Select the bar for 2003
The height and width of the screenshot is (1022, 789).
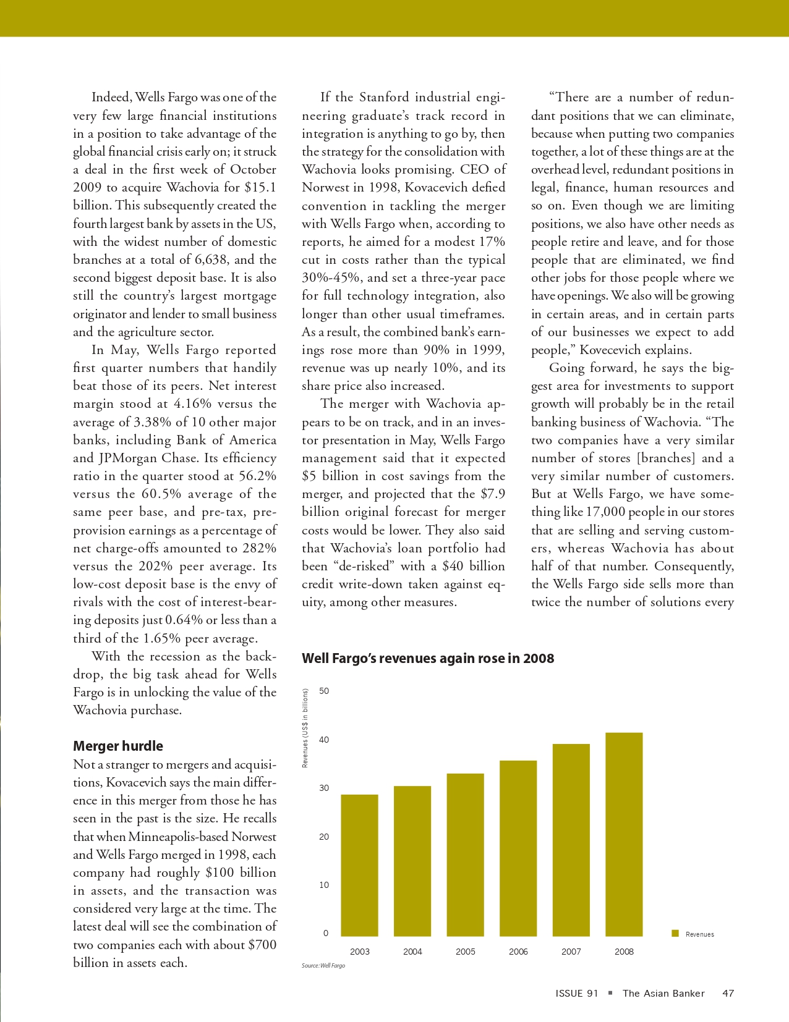pos(359,865)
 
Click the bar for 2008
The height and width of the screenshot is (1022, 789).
pos(624,834)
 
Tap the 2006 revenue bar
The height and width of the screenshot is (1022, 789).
pos(518,848)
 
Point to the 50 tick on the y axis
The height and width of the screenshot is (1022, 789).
pos(325,691)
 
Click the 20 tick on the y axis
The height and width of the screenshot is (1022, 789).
pos(325,837)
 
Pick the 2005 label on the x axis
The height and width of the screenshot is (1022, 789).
pos(466,952)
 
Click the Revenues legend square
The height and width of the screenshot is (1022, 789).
pos(676,933)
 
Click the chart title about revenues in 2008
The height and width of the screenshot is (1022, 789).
pos(427,659)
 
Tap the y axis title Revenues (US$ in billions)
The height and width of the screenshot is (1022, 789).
pos(305,728)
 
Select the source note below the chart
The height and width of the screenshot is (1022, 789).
pos(323,965)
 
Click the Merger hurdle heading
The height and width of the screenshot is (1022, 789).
pos(118,746)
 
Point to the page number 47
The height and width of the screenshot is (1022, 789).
pos(728,994)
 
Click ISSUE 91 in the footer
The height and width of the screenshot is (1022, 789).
pos(577,994)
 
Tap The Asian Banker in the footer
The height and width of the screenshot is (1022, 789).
pos(663,994)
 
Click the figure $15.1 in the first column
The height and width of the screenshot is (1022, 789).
pos(260,187)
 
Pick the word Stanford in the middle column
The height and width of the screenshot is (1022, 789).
pos(384,98)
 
